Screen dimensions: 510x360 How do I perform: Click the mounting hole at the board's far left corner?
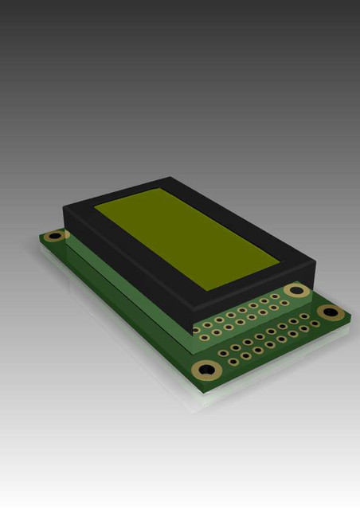[54, 236]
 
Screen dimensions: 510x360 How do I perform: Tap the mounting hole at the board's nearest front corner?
[207, 369]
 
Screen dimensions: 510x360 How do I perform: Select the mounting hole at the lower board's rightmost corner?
[329, 311]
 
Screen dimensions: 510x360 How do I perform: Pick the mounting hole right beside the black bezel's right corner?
[296, 290]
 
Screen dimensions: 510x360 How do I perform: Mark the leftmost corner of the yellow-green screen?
[95, 206]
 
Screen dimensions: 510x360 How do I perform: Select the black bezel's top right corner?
[310, 265]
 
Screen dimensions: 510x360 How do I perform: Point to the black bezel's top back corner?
[169, 178]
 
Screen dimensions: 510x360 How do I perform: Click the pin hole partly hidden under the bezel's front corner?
[196, 327]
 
